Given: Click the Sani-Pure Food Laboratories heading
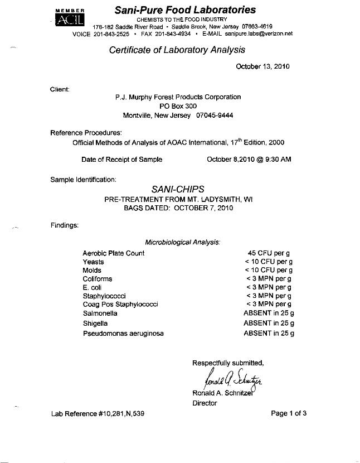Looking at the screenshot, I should point(185,10).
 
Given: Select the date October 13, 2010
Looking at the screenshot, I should point(262,66).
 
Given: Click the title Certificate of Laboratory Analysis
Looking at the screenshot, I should point(177,50).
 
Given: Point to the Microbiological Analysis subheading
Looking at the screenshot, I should point(183,242).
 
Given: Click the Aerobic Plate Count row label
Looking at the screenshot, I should point(113,253).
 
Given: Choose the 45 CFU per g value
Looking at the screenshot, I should point(269,253).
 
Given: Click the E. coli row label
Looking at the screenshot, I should point(93,287).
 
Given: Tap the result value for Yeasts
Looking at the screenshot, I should point(269,262).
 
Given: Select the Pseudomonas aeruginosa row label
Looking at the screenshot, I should point(123,334).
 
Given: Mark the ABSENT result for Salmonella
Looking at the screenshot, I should point(269,313).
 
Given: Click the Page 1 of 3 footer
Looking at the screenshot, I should point(289,413).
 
